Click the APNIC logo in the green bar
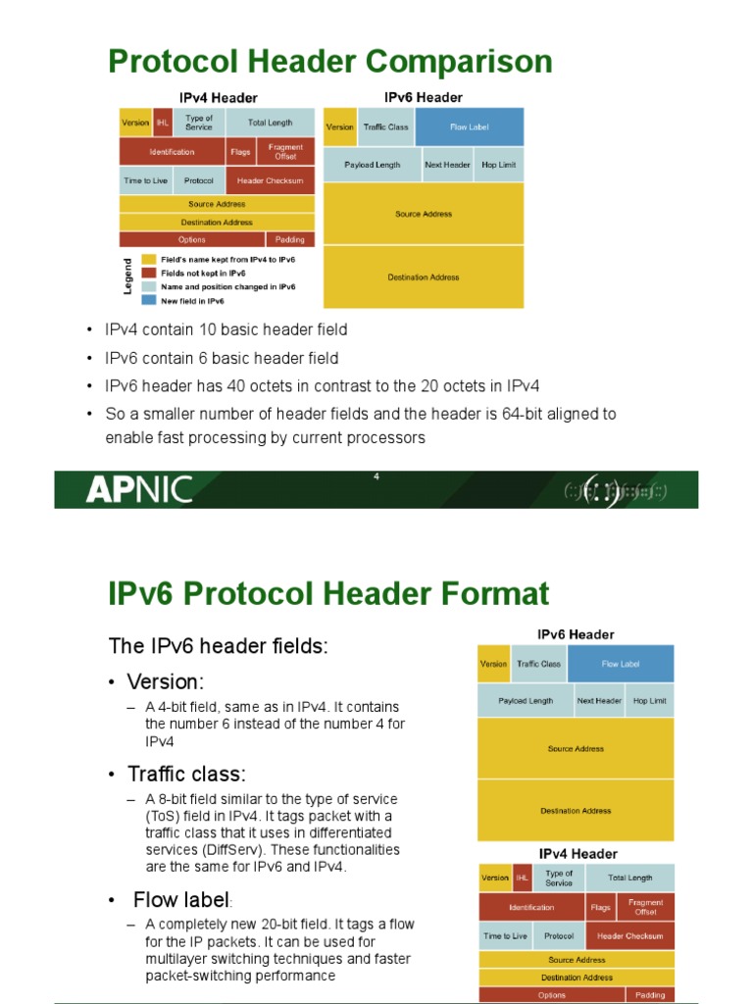pyautogui.click(x=138, y=489)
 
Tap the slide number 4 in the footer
pyautogui.click(x=376, y=477)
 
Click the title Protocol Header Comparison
pyautogui.click(x=329, y=62)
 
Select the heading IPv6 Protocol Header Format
pyautogui.click(x=328, y=593)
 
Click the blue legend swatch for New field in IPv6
pyautogui.click(x=149, y=301)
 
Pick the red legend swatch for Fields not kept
pyautogui.click(x=149, y=274)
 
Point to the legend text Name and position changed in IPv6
pyautogui.click(x=228, y=287)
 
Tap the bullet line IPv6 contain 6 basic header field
pyautogui.click(x=222, y=358)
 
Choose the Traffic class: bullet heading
pyautogui.click(x=187, y=774)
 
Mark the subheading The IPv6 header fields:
pyautogui.click(x=218, y=645)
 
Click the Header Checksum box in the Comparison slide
pyautogui.click(x=271, y=180)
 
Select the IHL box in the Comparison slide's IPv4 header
pyautogui.click(x=163, y=124)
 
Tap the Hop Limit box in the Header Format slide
pyautogui.click(x=649, y=701)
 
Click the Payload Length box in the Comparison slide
pyautogui.click(x=373, y=165)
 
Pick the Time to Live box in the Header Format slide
pyautogui.click(x=504, y=936)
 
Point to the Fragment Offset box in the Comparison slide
pyautogui.click(x=285, y=152)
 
